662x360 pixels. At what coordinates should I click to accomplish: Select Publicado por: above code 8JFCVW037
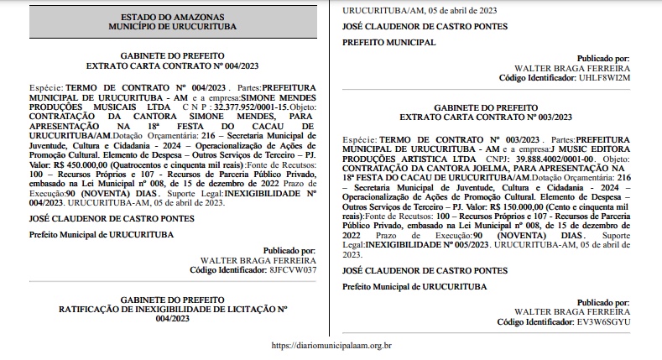289,251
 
